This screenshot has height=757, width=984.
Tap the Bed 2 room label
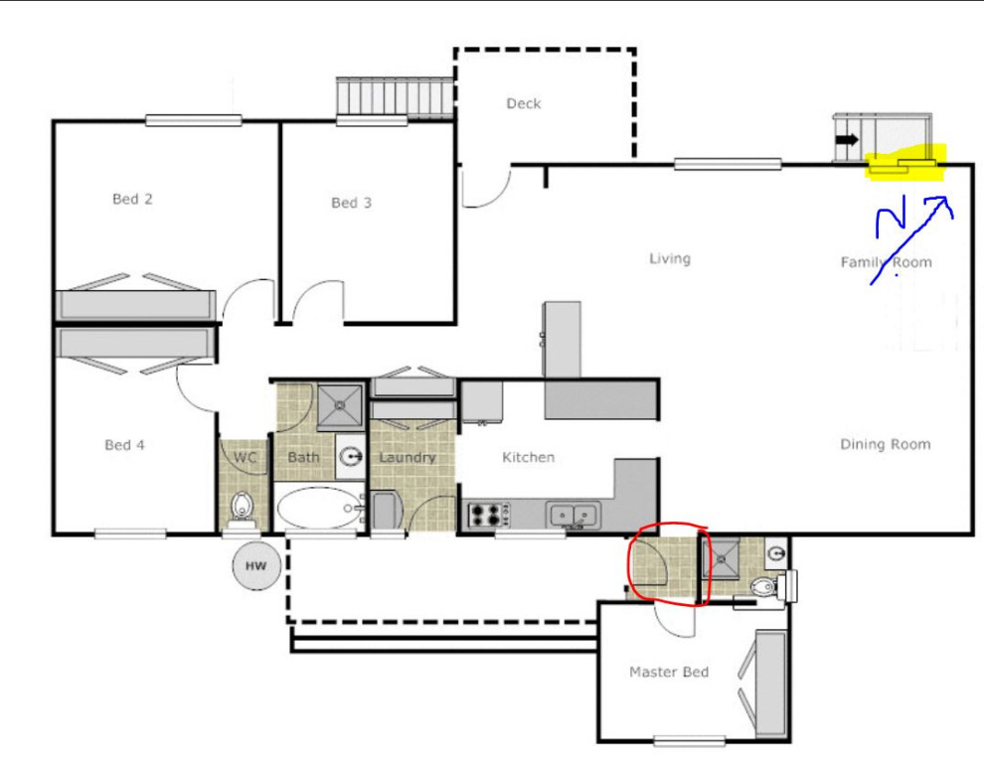(132, 199)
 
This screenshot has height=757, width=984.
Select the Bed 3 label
(351, 203)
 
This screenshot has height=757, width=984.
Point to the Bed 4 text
(124, 445)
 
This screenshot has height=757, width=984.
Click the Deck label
(523, 103)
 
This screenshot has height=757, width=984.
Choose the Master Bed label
(668, 673)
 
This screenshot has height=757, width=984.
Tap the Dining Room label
(885, 444)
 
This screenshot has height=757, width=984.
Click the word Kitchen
(528, 457)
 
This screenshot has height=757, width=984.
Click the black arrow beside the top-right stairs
(846, 140)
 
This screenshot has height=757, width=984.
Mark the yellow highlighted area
(903, 165)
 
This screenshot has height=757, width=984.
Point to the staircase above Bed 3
(395, 97)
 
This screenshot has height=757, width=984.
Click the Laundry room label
(407, 457)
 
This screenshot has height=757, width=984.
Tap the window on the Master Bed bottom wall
(689, 739)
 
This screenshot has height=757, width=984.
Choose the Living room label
(669, 258)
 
